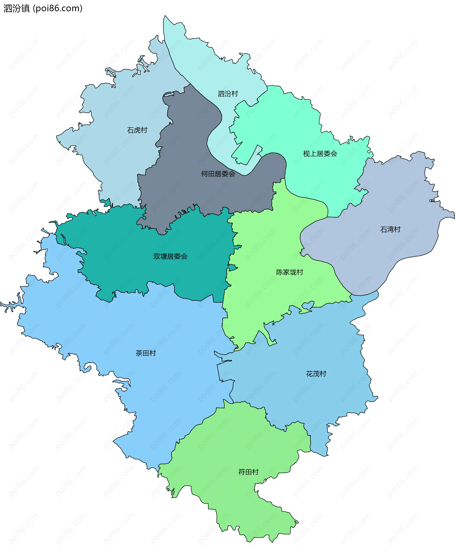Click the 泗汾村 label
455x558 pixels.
(x=228, y=94)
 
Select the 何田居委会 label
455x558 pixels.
(x=218, y=174)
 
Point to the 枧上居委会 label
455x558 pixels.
(x=320, y=154)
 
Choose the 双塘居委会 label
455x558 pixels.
(x=170, y=256)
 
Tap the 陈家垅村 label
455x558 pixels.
(x=290, y=272)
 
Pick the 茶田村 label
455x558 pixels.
(x=146, y=353)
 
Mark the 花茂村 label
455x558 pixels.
(x=316, y=374)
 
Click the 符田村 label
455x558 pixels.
(x=248, y=472)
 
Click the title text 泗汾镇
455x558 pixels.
(x=17, y=8)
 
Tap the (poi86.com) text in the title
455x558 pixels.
(x=58, y=8)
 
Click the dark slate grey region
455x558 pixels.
(x=189, y=147)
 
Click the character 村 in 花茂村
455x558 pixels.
(x=323, y=374)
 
